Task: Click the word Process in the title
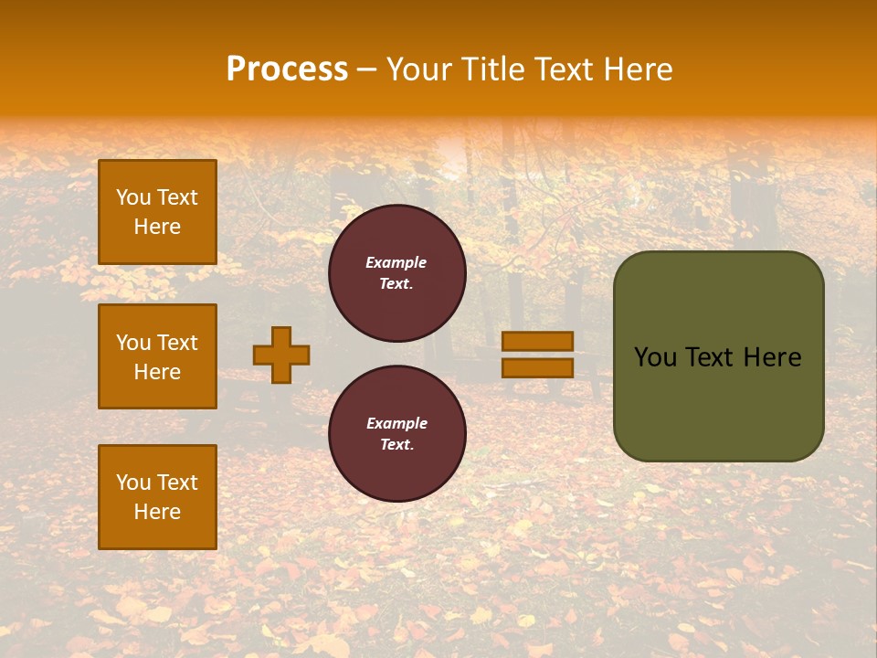tap(287, 69)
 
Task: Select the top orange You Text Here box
tap(157, 212)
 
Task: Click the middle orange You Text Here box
tap(157, 356)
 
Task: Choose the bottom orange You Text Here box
tap(157, 497)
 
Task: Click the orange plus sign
tap(281, 355)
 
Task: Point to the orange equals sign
tap(537, 355)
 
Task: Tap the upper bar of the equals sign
tap(537, 342)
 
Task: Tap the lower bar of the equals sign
tap(537, 367)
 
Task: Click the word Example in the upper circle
tap(396, 262)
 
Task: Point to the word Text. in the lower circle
tap(396, 445)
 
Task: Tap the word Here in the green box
tap(771, 357)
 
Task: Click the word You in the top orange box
tap(133, 197)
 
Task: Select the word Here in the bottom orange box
tap(157, 512)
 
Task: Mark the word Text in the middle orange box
tap(177, 343)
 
